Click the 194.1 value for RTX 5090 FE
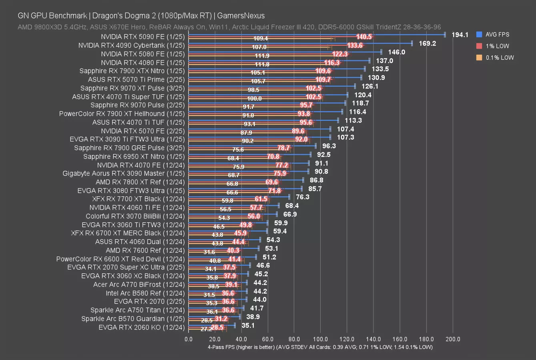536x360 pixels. click(460, 35)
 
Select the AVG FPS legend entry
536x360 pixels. click(497, 35)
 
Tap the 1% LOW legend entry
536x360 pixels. click(497, 46)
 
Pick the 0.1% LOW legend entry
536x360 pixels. click(500, 58)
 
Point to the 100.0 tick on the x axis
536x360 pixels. click(320, 339)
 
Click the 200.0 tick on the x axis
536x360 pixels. click(453, 339)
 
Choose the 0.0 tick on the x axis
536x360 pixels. click(189, 339)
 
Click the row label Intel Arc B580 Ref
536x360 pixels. click(145, 293)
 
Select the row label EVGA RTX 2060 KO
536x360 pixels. click(142, 328)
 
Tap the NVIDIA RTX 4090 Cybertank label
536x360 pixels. click(132, 45)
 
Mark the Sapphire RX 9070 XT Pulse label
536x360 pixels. click(132, 88)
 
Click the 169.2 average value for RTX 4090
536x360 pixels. click(427, 43)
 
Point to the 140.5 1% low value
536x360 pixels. click(364, 37)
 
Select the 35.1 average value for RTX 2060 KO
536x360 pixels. click(248, 326)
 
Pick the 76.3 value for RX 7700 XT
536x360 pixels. click(302, 197)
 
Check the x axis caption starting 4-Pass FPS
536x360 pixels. click(320, 347)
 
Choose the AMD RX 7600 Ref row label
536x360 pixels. click(145, 250)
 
